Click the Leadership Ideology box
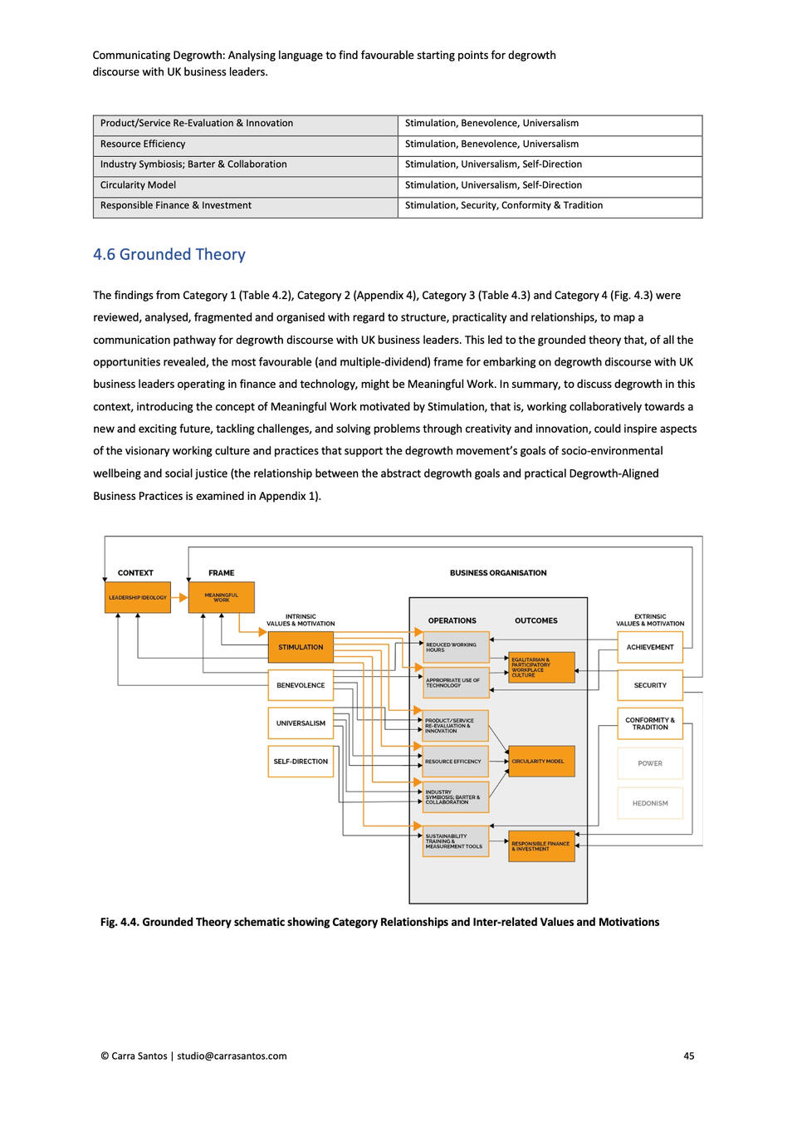click(x=137, y=597)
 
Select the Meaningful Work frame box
click(x=221, y=597)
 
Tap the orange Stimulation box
click(x=301, y=647)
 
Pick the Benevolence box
click(x=301, y=685)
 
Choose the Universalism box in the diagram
click(x=301, y=723)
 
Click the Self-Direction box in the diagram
click(x=301, y=761)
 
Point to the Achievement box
click(x=650, y=647)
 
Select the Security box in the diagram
click(x=650, y=685)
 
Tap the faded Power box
click(x=650, y=763)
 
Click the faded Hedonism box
click(x=650, y=803)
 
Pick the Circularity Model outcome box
click(x=541, y=761)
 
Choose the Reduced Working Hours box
click(x=456, y=647)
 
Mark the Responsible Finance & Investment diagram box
click(x=541, y=845)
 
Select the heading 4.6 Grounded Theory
click(x=169, y=254)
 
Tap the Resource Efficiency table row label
click(x=143, y=144)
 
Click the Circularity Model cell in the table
click(x=138, y=185)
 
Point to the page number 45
click(x=689, y=1056)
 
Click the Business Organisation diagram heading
click(x=498, y=573)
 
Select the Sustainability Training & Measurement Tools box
click(x=456, y=841)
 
